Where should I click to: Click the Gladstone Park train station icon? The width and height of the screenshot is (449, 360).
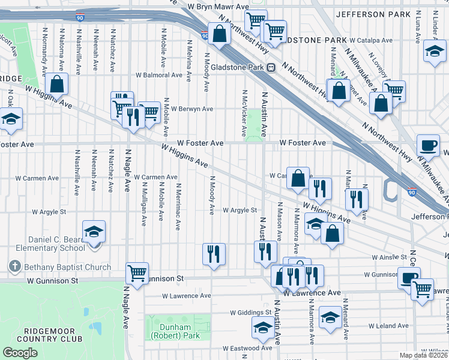[x=271, y=68]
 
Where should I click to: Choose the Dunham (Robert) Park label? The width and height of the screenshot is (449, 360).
[x=178, y=332]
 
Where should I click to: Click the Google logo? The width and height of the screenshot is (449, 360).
[x=20, y=352]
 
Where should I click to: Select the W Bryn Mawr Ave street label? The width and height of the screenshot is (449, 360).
[x=217, y=6]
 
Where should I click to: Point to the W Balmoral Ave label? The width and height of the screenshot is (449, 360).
[x=158, y=76]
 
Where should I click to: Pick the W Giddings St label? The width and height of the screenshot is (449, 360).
[x=251, y=313]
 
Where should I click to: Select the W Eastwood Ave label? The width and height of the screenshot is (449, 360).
[x=247, y=348]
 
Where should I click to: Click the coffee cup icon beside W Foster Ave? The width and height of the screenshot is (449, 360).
[x=428, y=145]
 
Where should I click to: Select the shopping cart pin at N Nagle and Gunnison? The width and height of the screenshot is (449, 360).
[x=137, y=273]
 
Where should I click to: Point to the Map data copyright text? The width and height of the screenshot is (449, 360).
[x=423, y=355]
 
